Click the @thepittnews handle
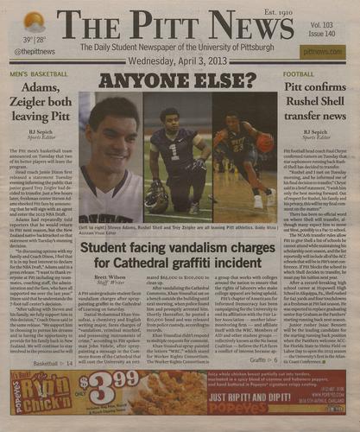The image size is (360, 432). pos(29,54)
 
